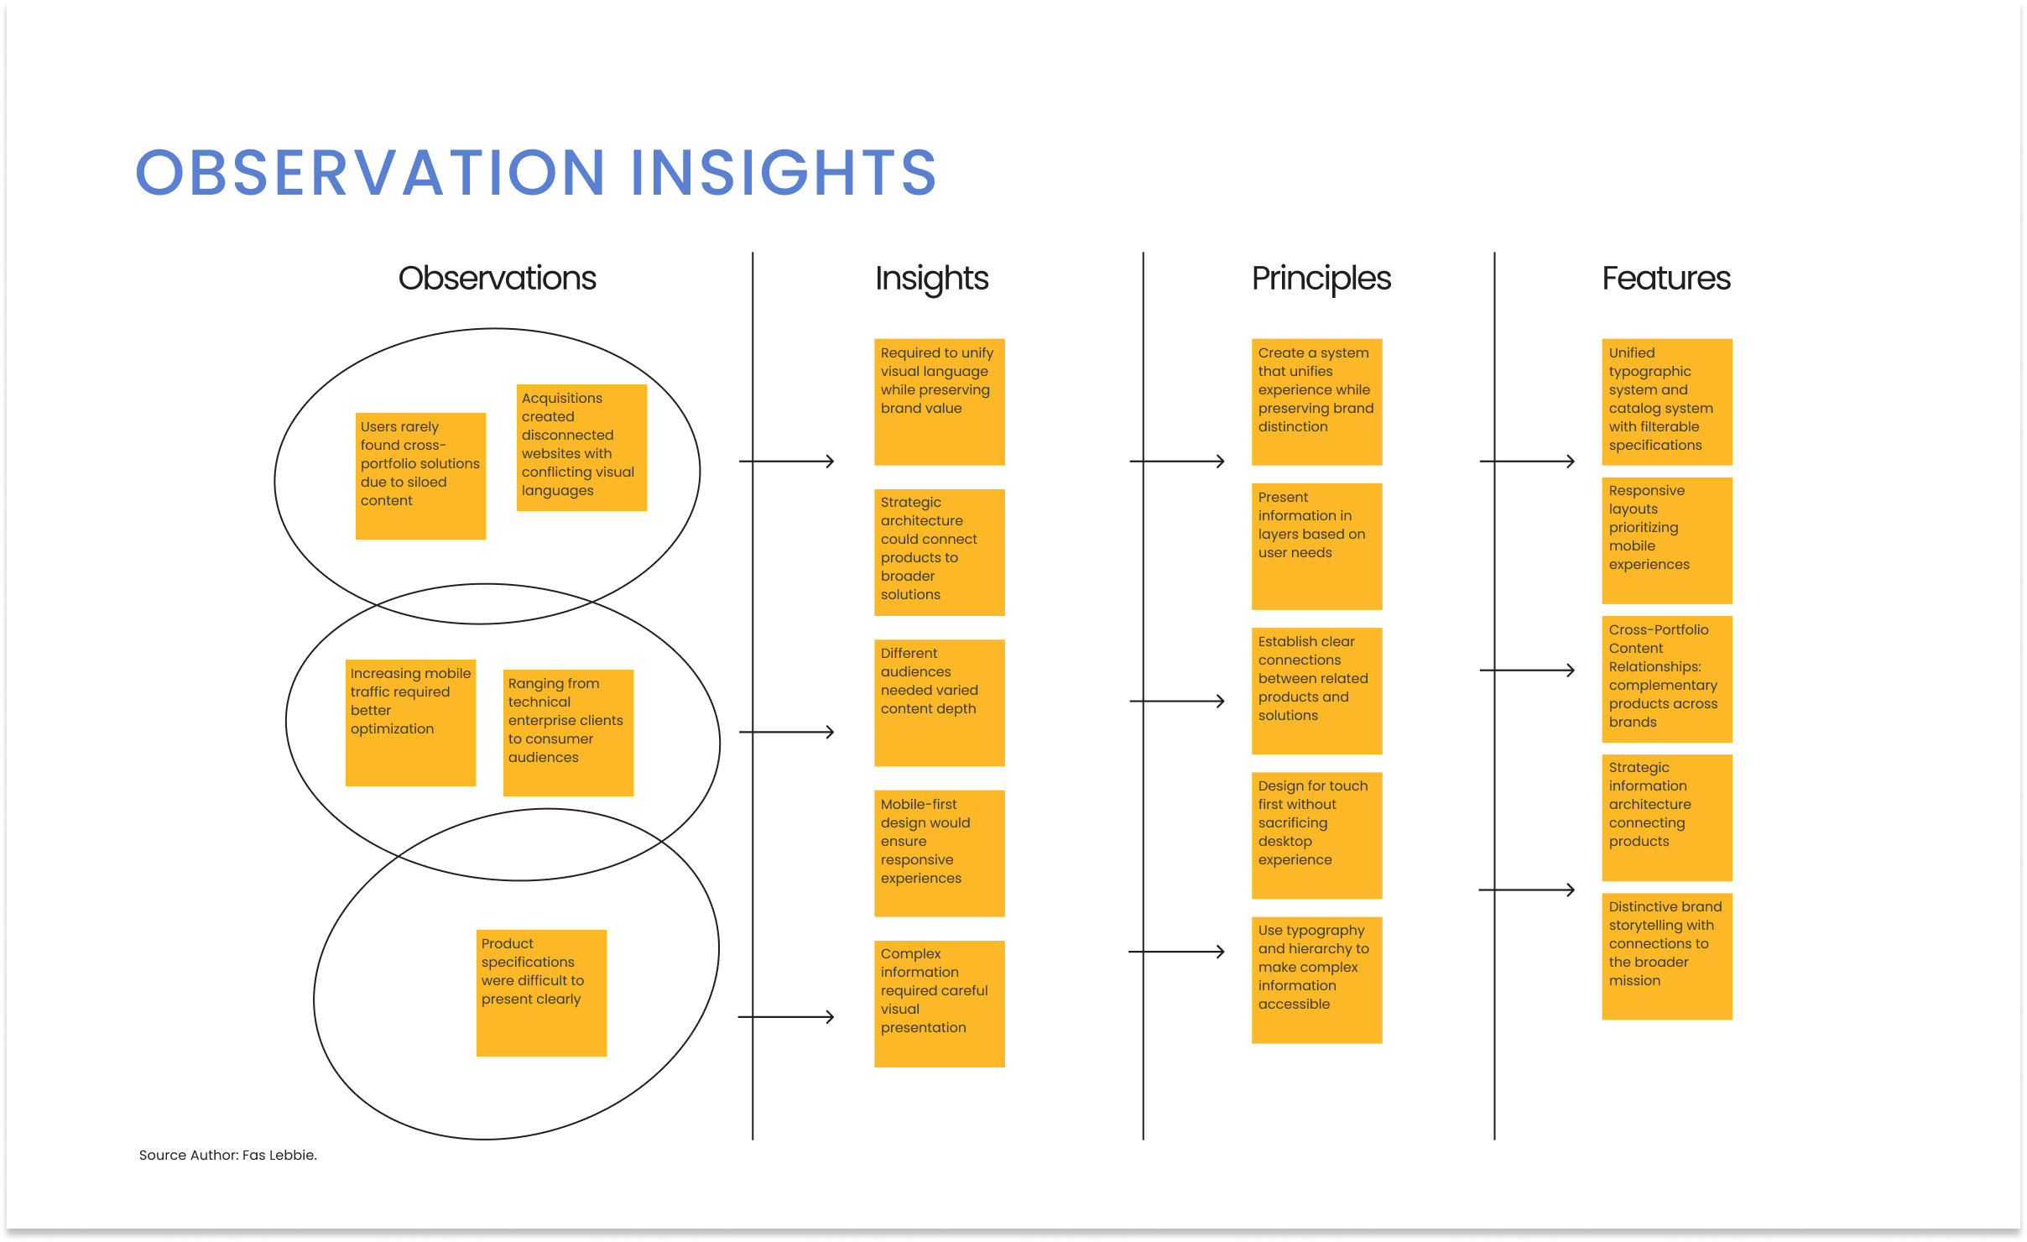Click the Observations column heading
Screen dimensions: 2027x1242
497,278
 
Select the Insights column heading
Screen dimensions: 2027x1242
931,279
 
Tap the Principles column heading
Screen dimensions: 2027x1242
1321,279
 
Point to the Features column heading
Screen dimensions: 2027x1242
1666,278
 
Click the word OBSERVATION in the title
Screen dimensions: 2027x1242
370,173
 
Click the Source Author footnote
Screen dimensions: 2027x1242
227,1155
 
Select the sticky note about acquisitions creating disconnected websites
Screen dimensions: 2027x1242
581,447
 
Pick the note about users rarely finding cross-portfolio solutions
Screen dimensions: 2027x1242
420,476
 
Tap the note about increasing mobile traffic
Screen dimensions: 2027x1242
410,723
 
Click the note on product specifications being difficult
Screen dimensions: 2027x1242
541,993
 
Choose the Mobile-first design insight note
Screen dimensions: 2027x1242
940,853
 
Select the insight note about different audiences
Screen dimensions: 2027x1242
940,703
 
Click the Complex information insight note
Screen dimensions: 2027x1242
940,1004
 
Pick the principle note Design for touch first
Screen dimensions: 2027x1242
1317,836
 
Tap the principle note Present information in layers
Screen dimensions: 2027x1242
1317,546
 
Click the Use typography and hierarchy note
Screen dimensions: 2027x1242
1317,980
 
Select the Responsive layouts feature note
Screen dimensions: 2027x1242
1667,540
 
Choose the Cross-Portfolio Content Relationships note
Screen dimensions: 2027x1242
1667,679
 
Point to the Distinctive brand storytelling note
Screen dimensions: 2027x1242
1667,957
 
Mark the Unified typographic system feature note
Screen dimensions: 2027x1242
1667,402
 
